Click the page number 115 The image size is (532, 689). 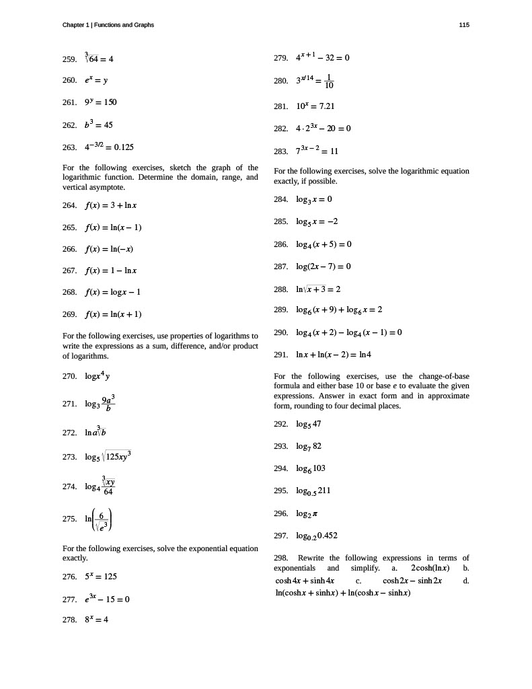point(464,25)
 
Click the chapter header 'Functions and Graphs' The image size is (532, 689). point(124,25)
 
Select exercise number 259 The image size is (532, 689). point(69,59)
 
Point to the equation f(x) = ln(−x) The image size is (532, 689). point(109,249)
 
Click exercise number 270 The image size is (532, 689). point(69,377)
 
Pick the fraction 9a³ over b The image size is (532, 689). point(108,404)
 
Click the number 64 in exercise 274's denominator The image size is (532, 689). point(108,492)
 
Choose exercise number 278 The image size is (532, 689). point(69,620)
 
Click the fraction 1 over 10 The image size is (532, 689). point(328,81)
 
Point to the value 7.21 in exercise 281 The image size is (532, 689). point(326,106)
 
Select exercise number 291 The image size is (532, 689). point(281,355)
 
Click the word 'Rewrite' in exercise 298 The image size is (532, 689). point(311,558)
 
